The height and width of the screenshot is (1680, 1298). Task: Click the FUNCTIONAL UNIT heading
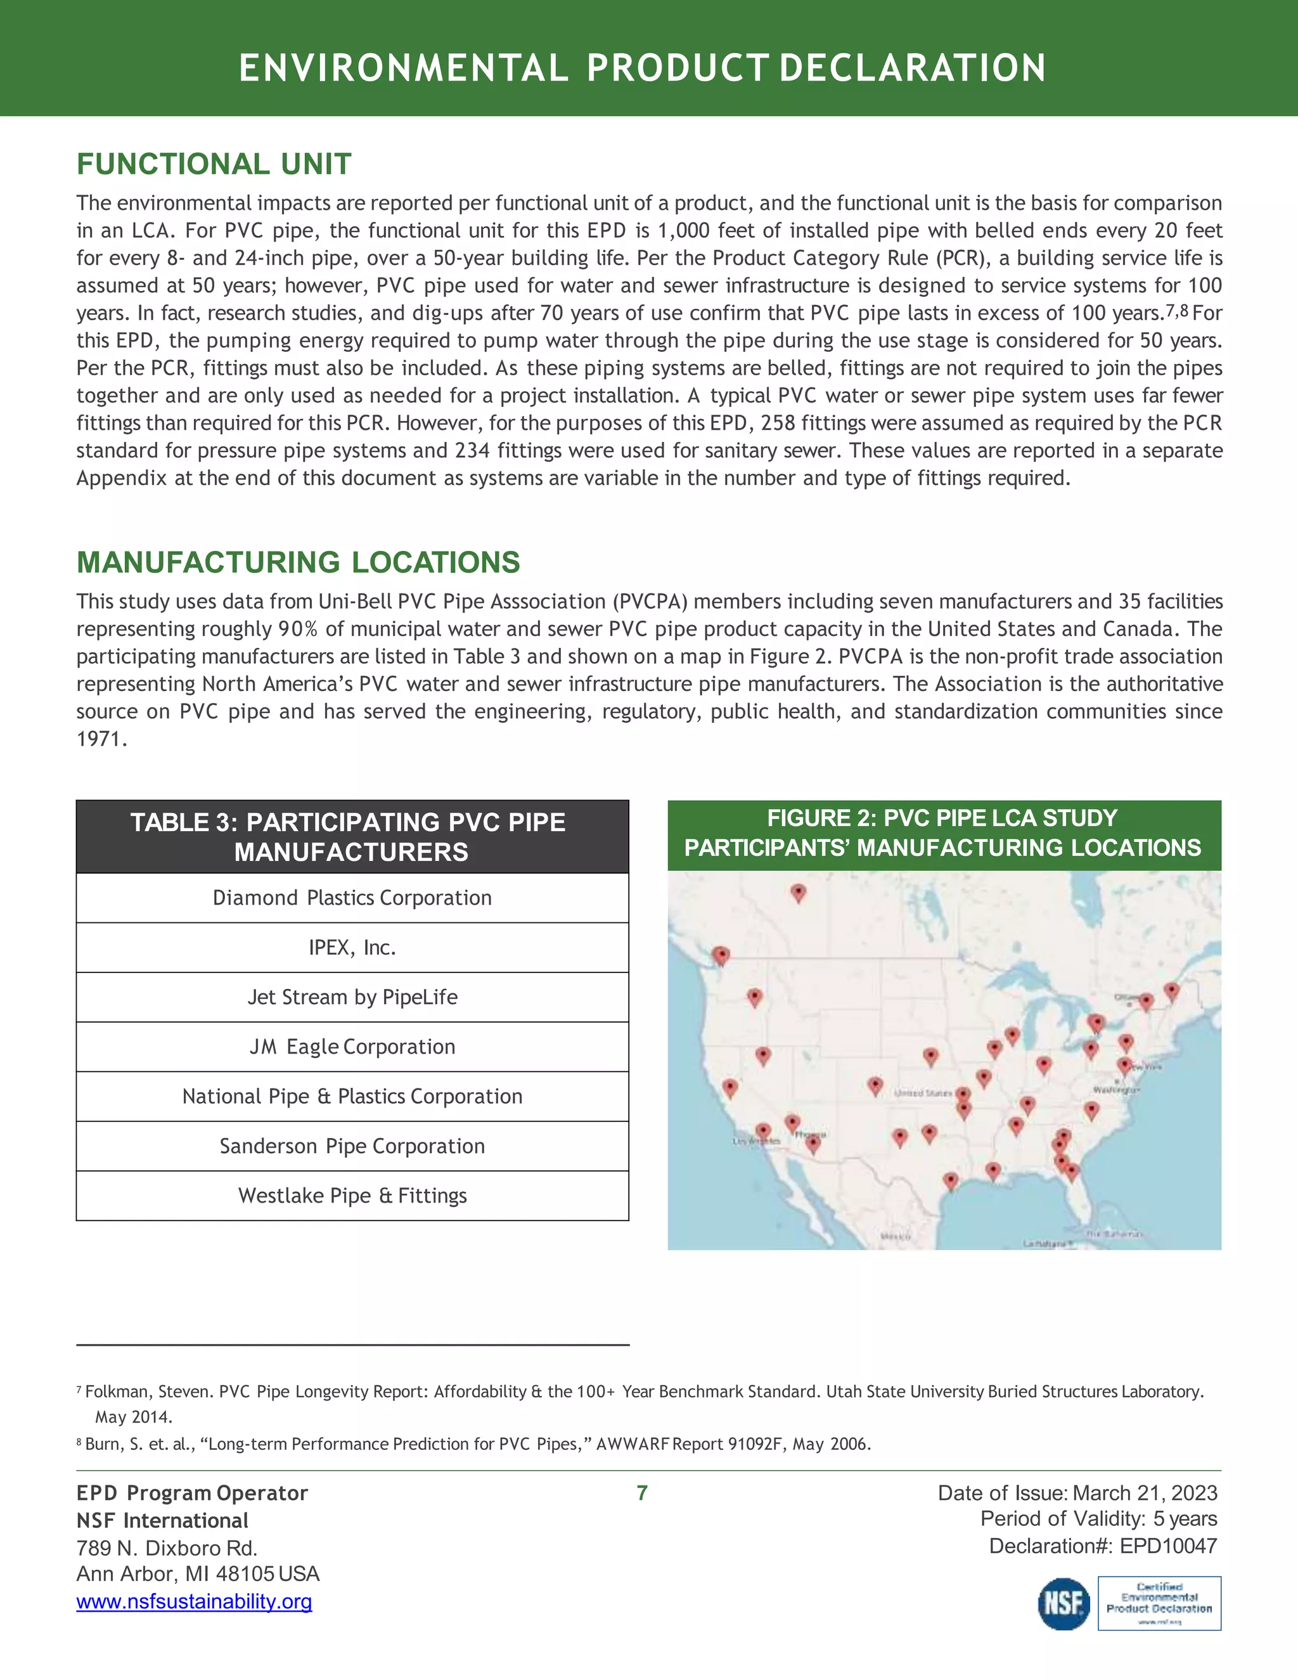click(214, 164)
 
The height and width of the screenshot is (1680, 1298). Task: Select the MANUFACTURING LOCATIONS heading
click(299, 562)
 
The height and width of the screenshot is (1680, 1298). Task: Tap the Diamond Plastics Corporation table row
click(352, 898)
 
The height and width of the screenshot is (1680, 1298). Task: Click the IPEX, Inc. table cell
click(352, 948)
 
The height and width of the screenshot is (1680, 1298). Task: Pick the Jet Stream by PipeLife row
click(352, 997)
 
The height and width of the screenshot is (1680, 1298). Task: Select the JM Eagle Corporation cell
click(352, 1047)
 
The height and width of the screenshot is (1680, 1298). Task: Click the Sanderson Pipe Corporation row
click(352, 1146)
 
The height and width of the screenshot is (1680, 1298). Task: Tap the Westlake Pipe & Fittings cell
click(352, 1196)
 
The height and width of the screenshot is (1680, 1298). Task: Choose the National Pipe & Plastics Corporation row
click(352, 1096)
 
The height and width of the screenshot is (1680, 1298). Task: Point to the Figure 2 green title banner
click(944, 833)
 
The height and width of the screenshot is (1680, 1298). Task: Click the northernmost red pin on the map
click(798, 893)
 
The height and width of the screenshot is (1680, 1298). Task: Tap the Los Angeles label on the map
click(757, 1142)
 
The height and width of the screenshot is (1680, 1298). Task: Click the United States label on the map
click(922, 1092)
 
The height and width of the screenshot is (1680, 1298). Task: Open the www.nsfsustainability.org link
click(194, 1601)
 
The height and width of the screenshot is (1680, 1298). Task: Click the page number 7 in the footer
click(642, 1493)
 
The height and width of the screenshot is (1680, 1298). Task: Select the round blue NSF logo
click(1064, 1604)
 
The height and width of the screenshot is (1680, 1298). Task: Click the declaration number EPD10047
click(1168, 1546)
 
